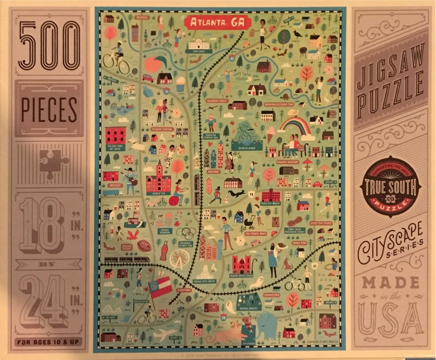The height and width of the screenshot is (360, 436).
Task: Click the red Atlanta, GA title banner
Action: point(213,23)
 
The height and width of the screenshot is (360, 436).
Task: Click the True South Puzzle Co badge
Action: point(390,187)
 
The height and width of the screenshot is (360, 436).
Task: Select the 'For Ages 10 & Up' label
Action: point(49,342)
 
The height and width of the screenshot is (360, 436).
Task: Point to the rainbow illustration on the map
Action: point(295,123)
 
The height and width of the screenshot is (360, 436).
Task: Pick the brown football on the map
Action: point(144,246)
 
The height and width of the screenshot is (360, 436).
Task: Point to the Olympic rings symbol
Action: point(187,233)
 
